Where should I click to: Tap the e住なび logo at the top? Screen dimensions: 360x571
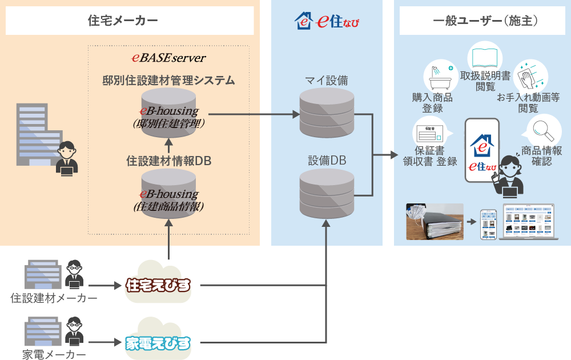(327, 22)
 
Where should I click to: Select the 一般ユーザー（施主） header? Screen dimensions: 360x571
(482, 21)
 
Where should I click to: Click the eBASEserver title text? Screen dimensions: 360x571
(168, 58)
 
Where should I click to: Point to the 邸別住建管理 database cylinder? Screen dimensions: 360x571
(169, 114)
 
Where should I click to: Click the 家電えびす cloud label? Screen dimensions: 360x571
(158, 343)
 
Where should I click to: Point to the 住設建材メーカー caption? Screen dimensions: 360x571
(54, 298)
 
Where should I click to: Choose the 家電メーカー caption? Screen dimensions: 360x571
(54, 355)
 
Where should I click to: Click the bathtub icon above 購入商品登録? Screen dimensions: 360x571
(438, 75)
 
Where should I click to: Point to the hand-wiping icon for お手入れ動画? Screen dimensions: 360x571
(528, 76)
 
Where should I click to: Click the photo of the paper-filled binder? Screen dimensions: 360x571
(435, 221)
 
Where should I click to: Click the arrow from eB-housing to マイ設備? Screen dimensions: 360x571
(257, 114)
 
